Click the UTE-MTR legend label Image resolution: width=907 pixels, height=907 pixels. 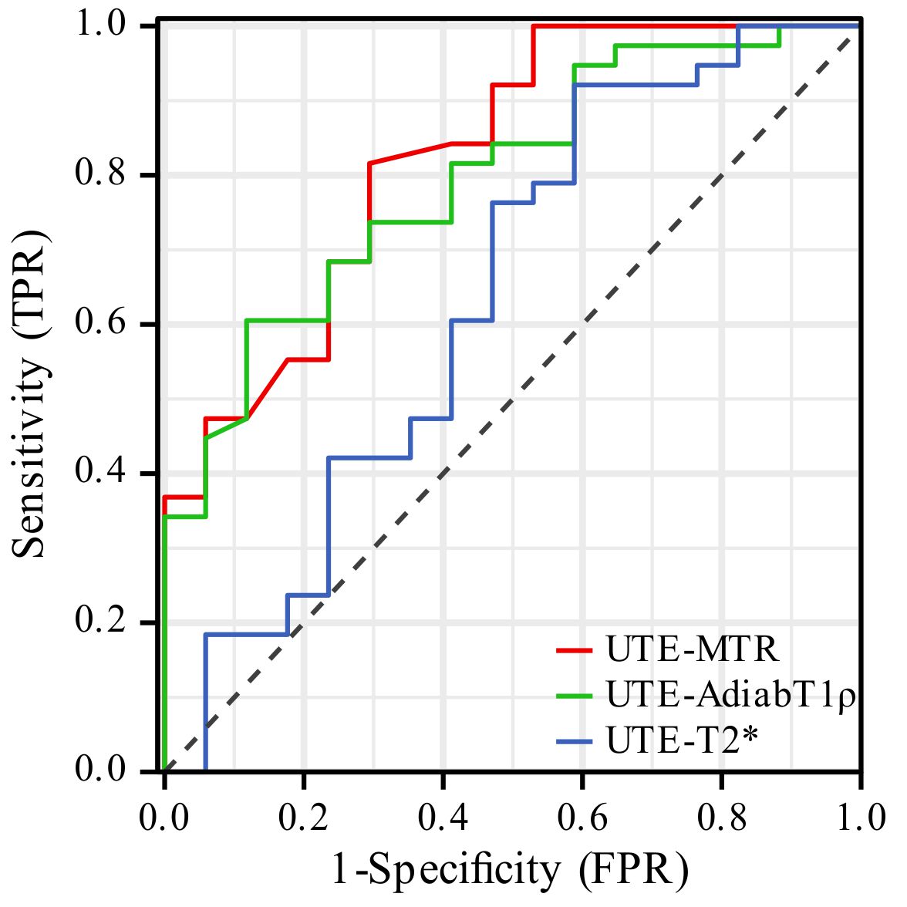[693, 649]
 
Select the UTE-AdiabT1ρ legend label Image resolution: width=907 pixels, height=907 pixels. [731, 694]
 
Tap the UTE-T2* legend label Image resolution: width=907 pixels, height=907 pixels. [682, 740]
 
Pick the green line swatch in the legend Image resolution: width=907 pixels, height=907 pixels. [574, 696]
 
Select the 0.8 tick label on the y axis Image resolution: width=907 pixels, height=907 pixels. [100, 174]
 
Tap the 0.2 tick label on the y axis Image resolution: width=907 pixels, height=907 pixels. [100, 622]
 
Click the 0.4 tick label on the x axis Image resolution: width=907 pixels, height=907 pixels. [443, 818]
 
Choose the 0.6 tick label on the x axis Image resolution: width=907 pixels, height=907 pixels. [582, 818]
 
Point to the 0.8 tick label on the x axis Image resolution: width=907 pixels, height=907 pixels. [722, 818]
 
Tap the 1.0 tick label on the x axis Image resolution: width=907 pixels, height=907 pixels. [861, 818]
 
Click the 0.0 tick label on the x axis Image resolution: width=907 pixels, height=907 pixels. [164, 818]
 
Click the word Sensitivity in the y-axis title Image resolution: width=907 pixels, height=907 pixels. [29, 457]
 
